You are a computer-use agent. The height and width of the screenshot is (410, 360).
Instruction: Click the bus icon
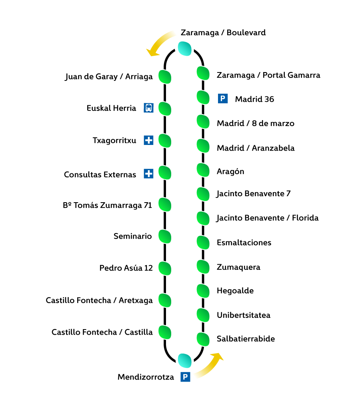click(148, 108)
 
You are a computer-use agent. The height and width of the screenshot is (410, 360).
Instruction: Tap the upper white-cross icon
click(148, 140)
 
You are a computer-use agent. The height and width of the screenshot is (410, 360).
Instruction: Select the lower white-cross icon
click(148, 173)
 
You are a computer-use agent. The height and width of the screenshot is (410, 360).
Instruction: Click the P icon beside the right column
click(223, 98)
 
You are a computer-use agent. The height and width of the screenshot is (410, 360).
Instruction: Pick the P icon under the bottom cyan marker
click(185, 377)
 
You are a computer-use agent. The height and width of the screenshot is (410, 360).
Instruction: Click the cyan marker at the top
click(184, 48)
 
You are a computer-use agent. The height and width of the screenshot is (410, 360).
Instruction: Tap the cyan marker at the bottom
click(184, 360)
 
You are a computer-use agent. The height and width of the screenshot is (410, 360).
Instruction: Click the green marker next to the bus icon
click(165, 109)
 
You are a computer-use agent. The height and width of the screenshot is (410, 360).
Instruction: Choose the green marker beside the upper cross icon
click(165, 141)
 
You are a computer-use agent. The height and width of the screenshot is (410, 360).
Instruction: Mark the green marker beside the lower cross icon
click(165, 173)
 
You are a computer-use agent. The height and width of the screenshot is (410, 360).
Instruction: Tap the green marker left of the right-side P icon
click(203, 97)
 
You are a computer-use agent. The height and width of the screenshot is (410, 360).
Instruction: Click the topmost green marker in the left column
click(165, 77)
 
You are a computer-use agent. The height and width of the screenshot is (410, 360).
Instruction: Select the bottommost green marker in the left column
click(165, 332)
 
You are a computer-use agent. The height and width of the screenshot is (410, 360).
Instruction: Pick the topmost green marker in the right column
click(203, 73)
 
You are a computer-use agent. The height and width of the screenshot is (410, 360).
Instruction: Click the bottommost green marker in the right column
click(203, 339)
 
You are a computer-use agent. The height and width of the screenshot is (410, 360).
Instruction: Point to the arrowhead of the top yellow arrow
click(152, 52)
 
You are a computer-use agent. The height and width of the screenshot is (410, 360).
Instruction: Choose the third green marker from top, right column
click(203, 121)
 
